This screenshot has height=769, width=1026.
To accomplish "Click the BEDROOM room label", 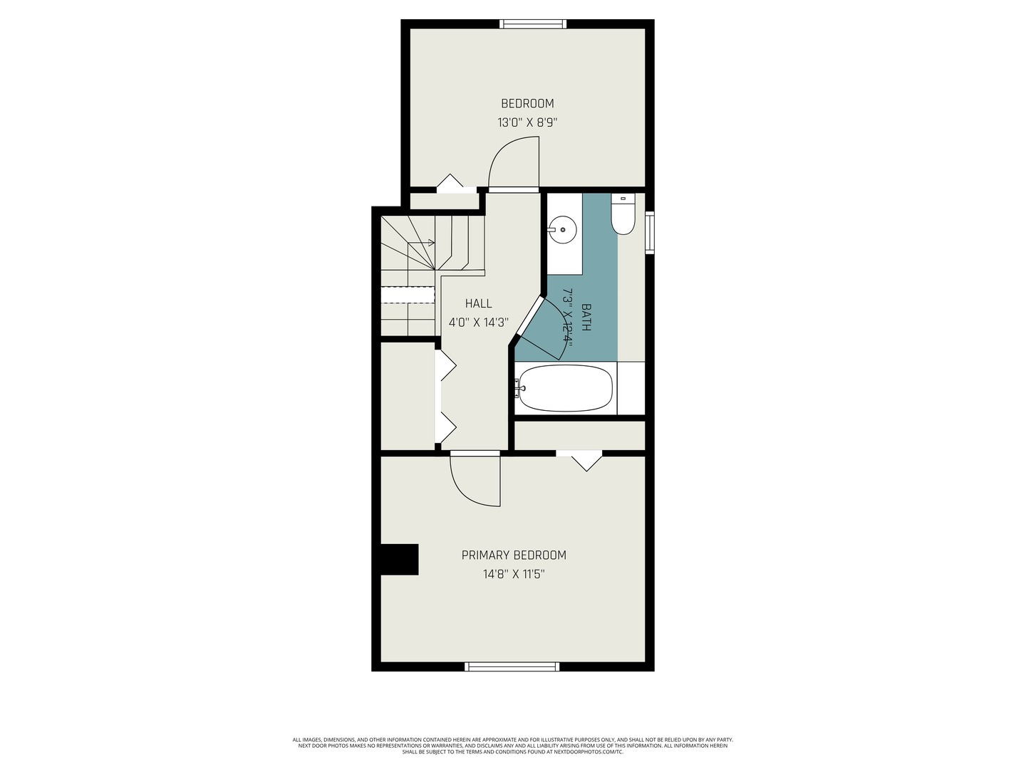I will point(527,103).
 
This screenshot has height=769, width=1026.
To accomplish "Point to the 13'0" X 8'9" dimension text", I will point(527,122).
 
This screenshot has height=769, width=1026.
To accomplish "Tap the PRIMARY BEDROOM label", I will point(514,555).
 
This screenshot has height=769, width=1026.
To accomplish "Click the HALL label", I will point(478,303).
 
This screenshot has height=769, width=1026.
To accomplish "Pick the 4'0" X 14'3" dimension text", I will point(478,323).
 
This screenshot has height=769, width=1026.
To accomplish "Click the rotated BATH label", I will point(586,318).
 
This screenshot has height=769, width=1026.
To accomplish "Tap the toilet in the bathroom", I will point(623,216).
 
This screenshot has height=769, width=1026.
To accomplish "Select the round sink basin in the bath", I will point(563,229).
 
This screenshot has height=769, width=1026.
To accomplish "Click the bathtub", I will point(565,388).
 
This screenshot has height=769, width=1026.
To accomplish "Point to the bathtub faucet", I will point(520,388).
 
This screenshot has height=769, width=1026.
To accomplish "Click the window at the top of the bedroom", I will point(534,24).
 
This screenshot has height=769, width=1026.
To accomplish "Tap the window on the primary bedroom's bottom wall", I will point(512,666).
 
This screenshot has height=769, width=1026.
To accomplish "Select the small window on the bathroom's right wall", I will point(649,232).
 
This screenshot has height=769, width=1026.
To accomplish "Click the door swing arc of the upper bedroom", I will point(512,162).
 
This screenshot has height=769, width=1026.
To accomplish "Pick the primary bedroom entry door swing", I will point(474,481).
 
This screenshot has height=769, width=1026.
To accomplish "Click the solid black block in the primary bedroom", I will point(399,560).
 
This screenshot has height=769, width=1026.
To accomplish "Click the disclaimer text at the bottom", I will point(513,746).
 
